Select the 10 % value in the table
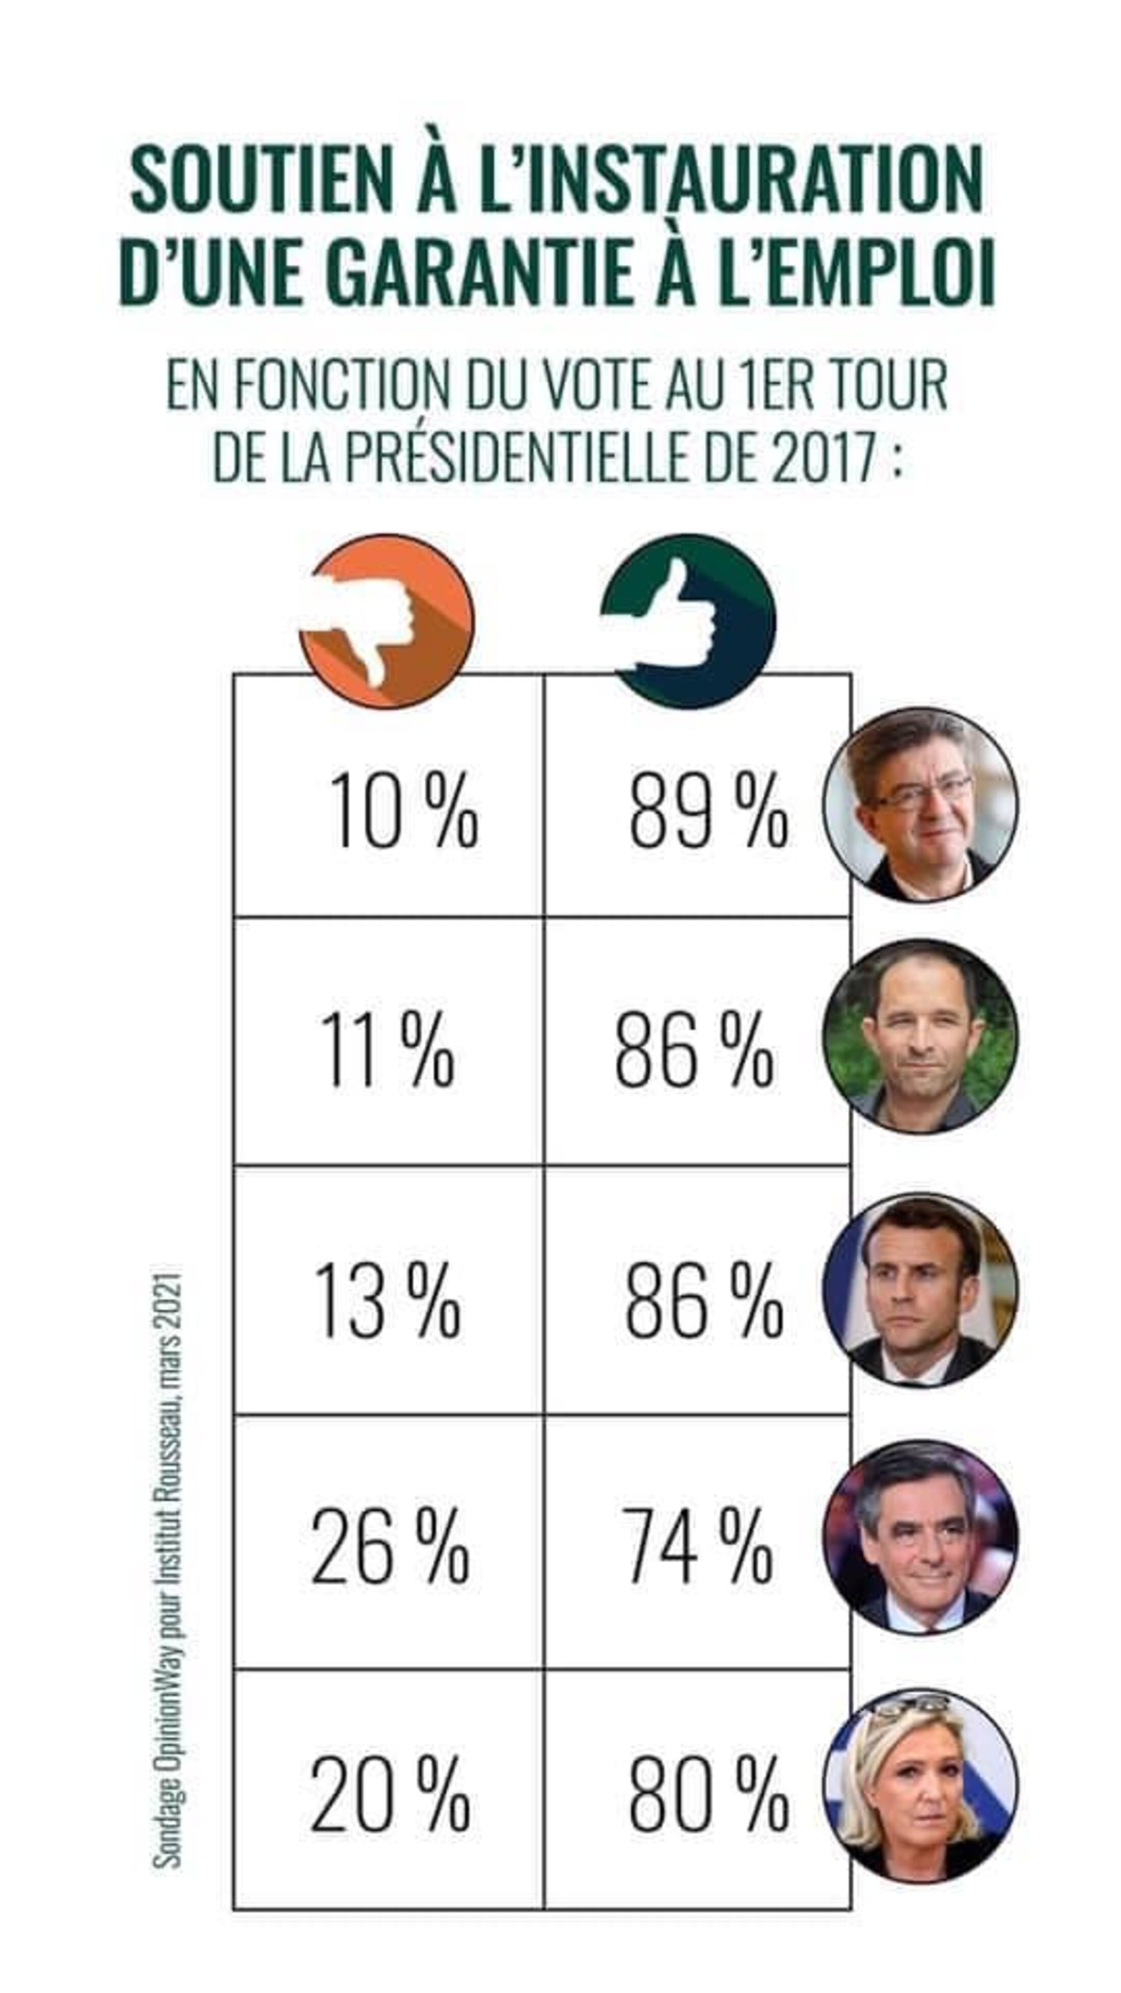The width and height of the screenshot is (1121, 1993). pyautogui.click(x=403, y=812)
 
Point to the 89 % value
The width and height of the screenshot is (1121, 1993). pyautogui.click(x=708, y=812)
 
